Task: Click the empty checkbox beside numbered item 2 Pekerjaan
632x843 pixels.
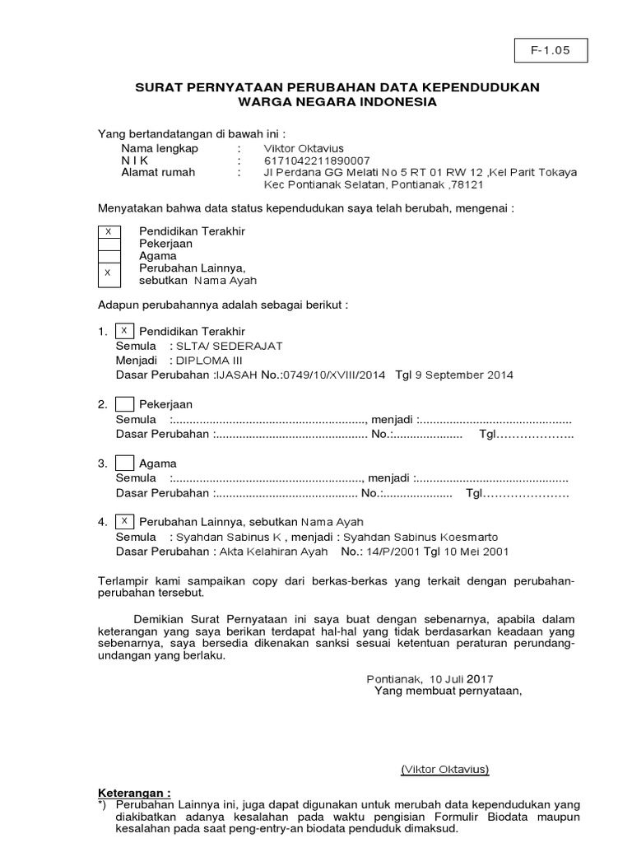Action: (124, 404)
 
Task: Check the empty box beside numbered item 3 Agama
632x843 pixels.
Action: (124, 463)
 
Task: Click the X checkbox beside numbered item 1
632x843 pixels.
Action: (124, 331)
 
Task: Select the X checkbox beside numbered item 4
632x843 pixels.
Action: (124, 521)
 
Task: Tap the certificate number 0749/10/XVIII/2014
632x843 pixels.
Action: (333, 375)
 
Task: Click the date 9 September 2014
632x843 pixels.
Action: (467, 375)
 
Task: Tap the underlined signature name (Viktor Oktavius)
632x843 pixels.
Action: (445, 770)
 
